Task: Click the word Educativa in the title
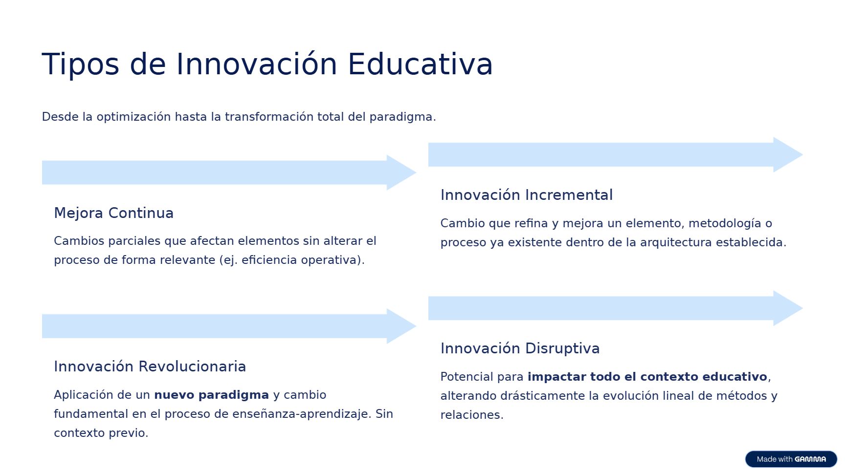[420, 64]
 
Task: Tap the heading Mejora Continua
[114, 213]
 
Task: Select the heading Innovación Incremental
[527, 195]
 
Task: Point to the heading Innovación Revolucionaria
[150, 367]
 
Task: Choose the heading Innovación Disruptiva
[520, 348]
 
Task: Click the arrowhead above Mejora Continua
[401, 173]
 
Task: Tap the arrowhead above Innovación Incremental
[788, 155]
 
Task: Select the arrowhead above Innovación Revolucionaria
[401, 326]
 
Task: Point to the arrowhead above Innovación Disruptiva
[788, 308]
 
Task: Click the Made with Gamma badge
[791, 459]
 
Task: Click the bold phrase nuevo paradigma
[212, 395]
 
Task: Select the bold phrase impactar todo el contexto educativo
[647, 377]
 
